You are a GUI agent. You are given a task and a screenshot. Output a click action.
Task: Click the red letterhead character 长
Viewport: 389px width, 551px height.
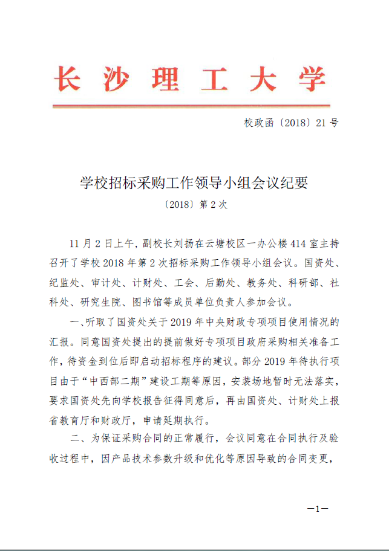[x=67, y=79]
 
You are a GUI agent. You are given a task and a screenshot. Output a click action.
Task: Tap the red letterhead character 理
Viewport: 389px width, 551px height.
[x=164, y=79]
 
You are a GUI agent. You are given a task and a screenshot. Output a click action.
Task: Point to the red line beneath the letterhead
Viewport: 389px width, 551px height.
[x=191, y=106]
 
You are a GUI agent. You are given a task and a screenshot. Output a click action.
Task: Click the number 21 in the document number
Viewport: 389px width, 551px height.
[x=320, y=123]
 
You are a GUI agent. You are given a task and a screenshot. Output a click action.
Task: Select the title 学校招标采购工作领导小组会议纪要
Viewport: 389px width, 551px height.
[x=194, y=182]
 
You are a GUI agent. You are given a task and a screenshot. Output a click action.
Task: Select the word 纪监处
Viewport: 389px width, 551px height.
[x=64, y=282]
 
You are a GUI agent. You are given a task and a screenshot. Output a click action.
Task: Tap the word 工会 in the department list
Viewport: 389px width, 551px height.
[x=181, y=282]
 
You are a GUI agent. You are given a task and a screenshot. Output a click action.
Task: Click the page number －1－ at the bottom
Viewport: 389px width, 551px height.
[x=318, y=509]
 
